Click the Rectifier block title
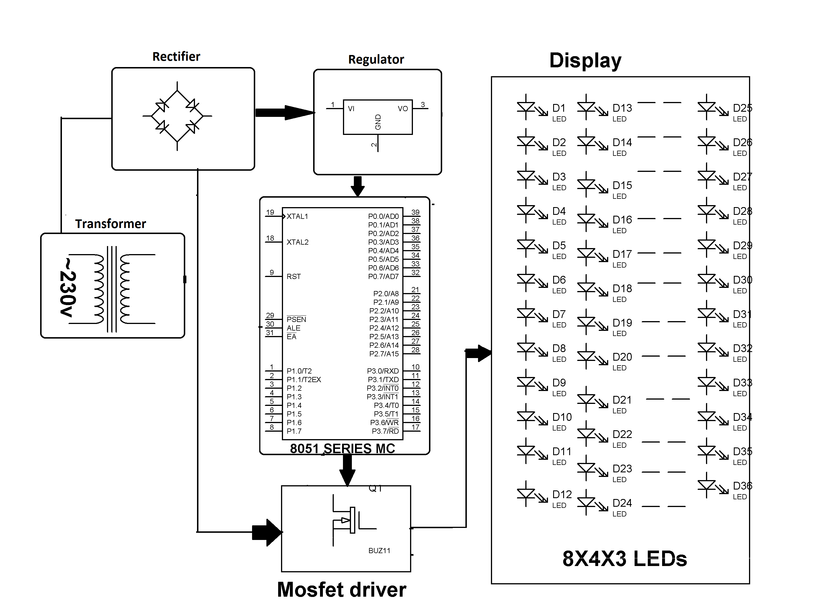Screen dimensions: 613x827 176,57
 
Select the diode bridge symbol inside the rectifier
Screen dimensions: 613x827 177,116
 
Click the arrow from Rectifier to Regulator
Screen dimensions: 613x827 284,113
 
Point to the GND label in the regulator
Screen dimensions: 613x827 378,122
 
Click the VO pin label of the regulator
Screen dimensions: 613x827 403,109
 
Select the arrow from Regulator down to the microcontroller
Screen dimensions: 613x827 357,186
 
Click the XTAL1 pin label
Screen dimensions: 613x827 297,216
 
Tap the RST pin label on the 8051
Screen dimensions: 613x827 293,276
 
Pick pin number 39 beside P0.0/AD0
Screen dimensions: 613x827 415,212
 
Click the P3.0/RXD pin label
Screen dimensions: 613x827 383,371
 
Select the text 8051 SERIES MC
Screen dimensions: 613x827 342,449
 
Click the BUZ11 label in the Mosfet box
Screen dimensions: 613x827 379,551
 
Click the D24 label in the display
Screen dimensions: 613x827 622,503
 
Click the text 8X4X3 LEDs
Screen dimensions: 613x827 625,559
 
